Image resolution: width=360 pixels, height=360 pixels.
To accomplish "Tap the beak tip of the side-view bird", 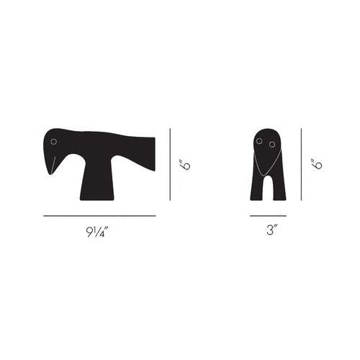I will [50, 174].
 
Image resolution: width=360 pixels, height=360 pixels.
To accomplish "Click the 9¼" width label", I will [99, 233].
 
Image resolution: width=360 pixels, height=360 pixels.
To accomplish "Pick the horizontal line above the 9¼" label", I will [99, 215].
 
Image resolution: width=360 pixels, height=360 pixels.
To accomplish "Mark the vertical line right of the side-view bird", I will [170, 165].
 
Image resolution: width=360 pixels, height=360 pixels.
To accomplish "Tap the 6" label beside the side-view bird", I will [185, 165].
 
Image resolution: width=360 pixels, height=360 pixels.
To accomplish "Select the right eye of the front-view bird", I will [272, 145].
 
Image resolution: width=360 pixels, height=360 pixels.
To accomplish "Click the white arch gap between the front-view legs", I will [267, 189].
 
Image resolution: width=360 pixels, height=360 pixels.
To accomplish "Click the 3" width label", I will [268, 233].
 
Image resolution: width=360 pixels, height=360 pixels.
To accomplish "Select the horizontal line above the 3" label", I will [268, 215].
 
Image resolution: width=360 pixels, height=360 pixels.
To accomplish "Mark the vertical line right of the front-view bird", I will [301, 165].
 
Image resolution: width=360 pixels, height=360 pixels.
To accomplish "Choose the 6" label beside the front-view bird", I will [317, 165].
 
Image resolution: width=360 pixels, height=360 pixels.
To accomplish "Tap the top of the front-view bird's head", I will [266, 130].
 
